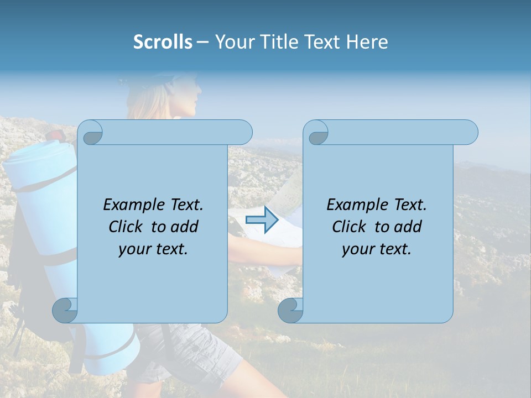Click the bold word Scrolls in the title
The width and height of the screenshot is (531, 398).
(x=163, y=42)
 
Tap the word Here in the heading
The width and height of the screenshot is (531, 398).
(x=367, y=42)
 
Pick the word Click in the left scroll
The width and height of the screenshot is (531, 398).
(x=127, y=227)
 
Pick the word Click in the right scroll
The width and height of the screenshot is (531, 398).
(x=350, y=227)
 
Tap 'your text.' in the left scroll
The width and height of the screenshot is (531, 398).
(x=153, y=249)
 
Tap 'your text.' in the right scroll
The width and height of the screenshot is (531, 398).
(x=377, y=249)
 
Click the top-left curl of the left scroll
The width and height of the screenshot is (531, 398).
(x=90, y=133)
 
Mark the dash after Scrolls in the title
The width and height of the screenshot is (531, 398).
(x=203, y=43)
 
